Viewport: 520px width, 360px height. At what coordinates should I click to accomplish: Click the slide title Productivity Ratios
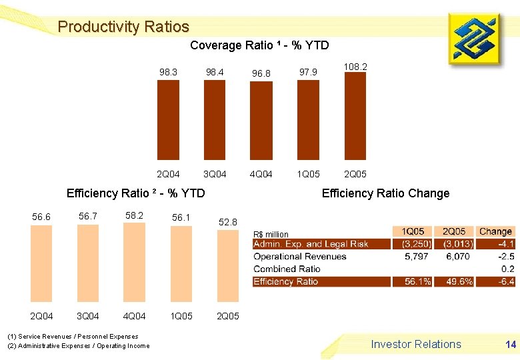123,27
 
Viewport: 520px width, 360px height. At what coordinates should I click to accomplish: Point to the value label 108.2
355,67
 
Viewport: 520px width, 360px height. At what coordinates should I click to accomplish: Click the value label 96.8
261,73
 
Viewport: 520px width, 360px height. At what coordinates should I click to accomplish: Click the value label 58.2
135,215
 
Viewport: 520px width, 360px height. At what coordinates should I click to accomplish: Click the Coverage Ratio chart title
259,45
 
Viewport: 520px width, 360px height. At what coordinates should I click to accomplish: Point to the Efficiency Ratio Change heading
385,193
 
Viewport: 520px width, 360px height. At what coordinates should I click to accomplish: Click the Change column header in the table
495,231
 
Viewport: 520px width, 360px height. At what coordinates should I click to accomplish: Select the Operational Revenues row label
300,257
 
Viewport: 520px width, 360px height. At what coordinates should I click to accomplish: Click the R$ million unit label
271,234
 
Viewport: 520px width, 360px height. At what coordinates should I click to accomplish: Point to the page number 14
511,345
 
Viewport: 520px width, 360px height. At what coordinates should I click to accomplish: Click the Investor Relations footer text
416,344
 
